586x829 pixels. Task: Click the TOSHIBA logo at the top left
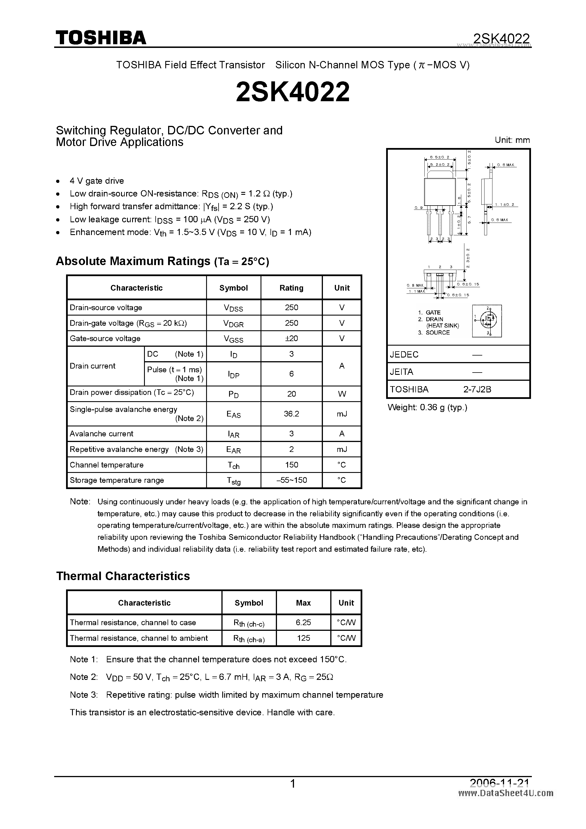(101, 37)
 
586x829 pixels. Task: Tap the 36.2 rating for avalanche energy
(291, 414)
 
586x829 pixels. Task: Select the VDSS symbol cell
(233, 308)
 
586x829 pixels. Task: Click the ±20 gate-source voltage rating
(291, 338)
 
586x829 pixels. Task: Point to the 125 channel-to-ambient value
(303, 638)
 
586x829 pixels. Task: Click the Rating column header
(291, 288)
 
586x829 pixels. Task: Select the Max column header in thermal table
(303, 603)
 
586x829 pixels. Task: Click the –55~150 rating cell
(291, 480)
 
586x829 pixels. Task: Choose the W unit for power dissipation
(342, 394)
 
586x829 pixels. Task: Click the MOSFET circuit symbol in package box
(487, 321)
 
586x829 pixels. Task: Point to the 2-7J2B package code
(477, 389)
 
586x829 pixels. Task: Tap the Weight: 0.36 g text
(427, 407)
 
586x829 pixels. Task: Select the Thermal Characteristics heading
(123, 576)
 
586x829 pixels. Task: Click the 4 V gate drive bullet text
(97, 181)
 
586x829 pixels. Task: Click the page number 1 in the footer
(293, 783)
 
